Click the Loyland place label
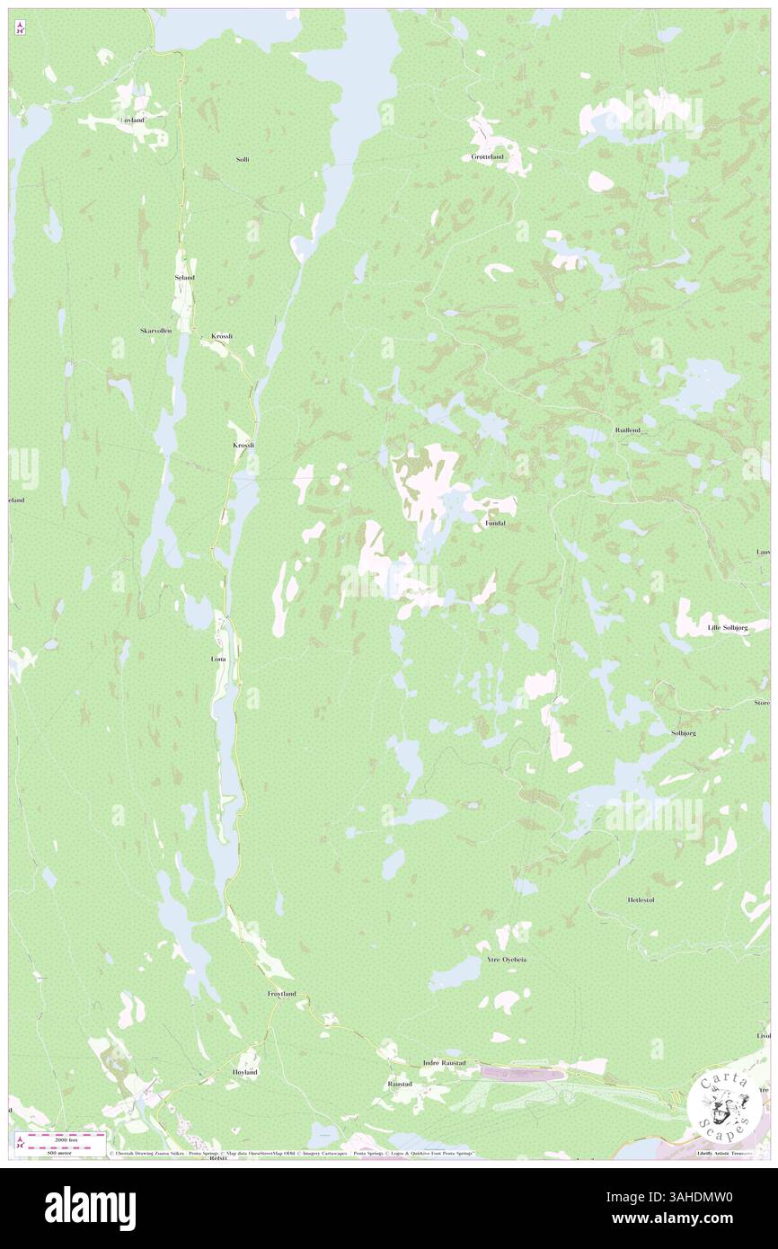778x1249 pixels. click(x=132, y=120)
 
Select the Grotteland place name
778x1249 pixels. click(x=488, y=156)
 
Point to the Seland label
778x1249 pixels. click(x=184, y=278)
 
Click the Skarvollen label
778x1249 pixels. click(x=155, y=331)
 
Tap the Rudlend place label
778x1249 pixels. click(x=628, y=430)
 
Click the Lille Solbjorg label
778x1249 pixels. click(x=727, y=627)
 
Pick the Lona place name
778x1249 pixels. click(x=218, y=659)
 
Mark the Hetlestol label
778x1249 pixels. click(x=646, y=899)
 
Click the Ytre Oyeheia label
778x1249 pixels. click(x=506, y=960)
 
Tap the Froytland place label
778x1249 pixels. click(x=281, y=993)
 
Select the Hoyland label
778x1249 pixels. click(x=245, y=1072)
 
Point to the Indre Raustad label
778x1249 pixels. click(x=444, y=1063)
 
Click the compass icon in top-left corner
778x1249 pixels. click(x=20, y=29)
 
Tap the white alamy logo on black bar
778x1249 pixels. click(x=90, y=1208)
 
